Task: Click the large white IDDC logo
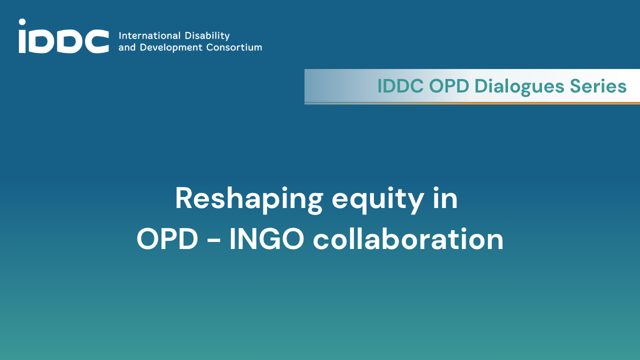click(63, 36)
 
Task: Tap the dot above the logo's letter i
click(22, 22)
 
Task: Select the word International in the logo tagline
click(149, 35)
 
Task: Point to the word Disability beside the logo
click(207, 36)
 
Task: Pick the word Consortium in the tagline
click(234, 47)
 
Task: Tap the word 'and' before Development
click(127, 47)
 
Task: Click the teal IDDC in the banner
click(400, 85)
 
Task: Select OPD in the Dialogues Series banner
click(449, 85)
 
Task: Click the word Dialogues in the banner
click(519, 86)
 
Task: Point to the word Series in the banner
click(598, 86)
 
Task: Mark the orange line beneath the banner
click(472, 103)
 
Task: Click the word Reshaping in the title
click(249, 199)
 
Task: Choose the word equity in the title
click(377, 199)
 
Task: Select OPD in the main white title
click(167, 239)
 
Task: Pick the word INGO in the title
click(267, 239)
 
